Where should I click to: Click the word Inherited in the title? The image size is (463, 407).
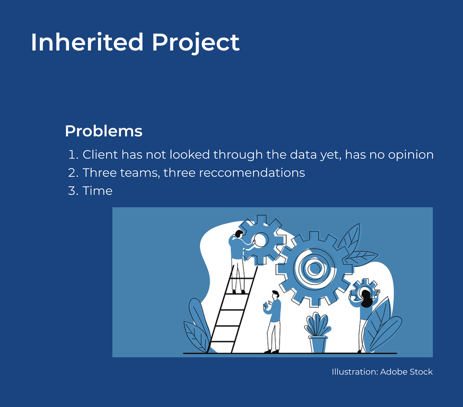(87, 42)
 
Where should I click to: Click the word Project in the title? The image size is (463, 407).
(196, 44)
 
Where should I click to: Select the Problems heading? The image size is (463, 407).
(103, 131)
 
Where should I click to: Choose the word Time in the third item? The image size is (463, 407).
(97, 191)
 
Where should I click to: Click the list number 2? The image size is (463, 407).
(73, 173)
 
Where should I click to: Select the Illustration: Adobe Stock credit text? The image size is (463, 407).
(382, 372)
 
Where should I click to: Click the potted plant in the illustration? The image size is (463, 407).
(317, 333)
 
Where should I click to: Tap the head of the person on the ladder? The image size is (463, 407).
(239, 234)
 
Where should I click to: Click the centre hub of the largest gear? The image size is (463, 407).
(314, 269)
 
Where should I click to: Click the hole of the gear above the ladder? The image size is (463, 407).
(260, 240)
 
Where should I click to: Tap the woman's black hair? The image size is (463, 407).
(366, 299)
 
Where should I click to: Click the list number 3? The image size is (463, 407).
(73, 191)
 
